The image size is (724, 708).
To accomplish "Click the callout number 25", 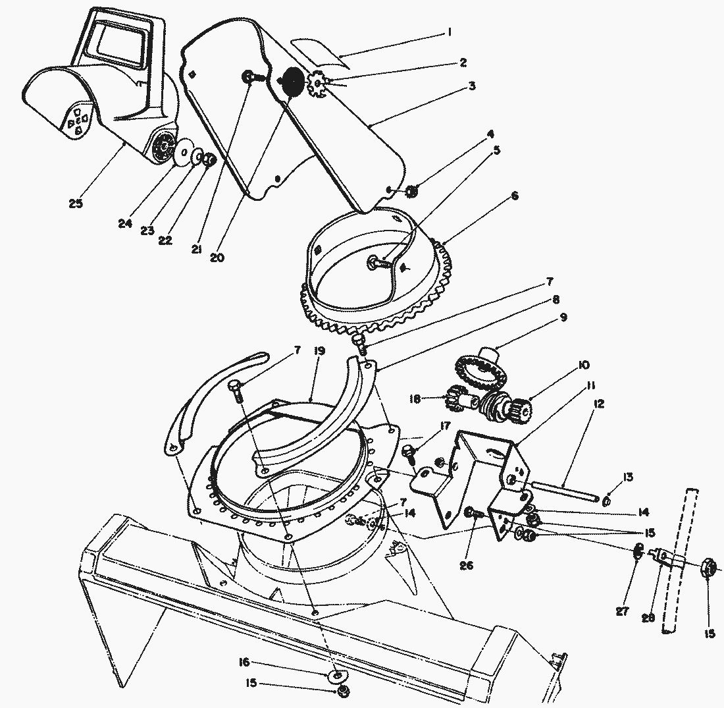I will tap(75, 204).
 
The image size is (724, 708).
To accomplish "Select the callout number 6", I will tap(514, 196).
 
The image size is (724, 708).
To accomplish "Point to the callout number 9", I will tap(563, 317).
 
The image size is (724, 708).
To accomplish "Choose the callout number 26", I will tap(468, 564).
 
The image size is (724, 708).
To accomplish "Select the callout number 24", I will tap(125, 223).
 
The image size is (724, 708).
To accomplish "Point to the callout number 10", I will tap(583, 364).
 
